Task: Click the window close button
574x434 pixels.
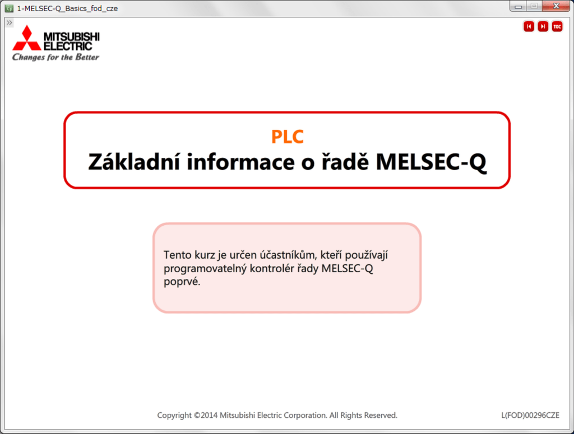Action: pos(556,6)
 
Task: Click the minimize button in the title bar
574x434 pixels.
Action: pos(518,6)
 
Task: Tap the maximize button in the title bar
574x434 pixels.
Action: pos(534,6)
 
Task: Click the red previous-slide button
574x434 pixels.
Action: pos(529,26)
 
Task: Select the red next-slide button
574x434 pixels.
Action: pos(543,26)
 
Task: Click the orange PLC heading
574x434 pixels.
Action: pos(288,137)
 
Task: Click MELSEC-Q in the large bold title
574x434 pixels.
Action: pos(431,162)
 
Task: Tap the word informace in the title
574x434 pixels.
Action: pos(240,162)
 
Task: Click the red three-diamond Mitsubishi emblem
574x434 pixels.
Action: pos(27,38)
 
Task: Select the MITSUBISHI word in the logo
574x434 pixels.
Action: pos(71,36)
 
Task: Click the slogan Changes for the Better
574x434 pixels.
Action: pos(55,57)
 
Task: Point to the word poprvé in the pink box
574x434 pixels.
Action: pos(182,282)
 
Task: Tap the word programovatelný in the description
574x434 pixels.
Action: pos(205,269)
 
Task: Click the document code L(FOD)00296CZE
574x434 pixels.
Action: pos(530,416)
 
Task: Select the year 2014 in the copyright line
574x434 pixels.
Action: pos(209,416)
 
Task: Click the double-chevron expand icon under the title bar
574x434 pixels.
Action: pos(9,22)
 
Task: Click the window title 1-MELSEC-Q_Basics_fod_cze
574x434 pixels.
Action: pos(67,8)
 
